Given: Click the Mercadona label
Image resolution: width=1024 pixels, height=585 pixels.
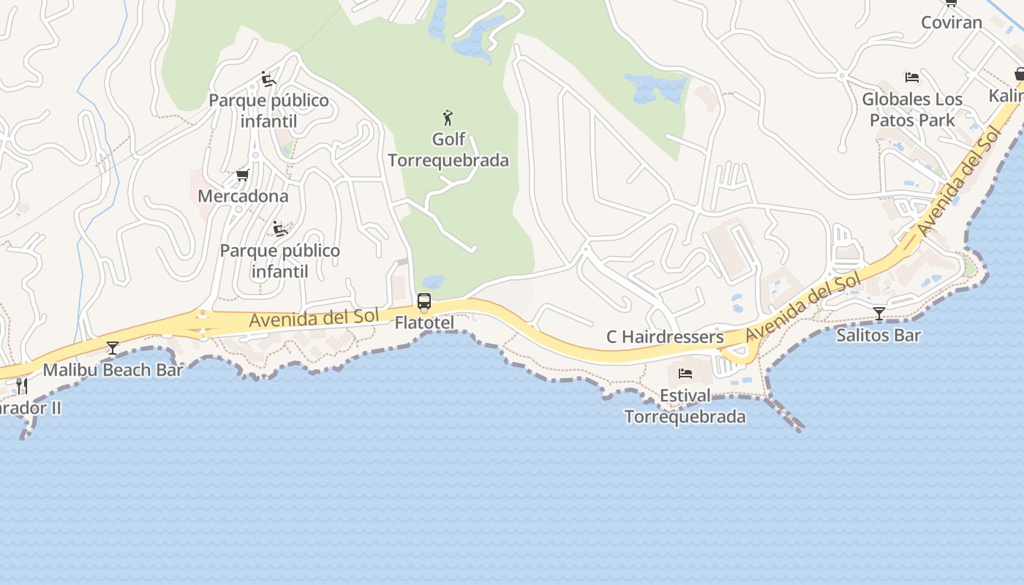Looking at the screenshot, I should point(243,196).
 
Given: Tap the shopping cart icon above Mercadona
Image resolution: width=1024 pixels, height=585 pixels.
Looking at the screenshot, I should point(243,175).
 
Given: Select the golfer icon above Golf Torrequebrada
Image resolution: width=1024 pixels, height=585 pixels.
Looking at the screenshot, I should point(448,117).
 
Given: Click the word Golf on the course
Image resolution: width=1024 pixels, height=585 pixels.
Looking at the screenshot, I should point(448,139).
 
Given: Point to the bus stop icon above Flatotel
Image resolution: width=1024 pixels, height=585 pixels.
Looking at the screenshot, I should point(423,301).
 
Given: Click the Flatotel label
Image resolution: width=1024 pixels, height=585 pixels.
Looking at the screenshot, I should point(424,322).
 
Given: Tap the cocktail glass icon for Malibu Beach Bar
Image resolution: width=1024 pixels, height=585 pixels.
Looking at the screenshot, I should point(112,347).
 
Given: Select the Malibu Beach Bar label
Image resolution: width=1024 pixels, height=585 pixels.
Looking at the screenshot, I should point(113,369).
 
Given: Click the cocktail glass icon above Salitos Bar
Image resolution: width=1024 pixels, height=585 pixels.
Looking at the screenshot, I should point(878,314).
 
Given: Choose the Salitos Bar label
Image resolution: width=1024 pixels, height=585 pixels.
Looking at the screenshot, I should point(878,336).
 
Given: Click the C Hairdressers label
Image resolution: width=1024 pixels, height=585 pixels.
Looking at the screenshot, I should point(665,337).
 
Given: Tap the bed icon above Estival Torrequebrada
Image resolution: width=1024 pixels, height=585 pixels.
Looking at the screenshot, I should point(685,374).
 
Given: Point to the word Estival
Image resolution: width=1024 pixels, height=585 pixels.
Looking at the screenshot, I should point(685,396).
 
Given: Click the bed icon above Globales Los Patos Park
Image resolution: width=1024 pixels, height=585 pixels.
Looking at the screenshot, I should point(911,77).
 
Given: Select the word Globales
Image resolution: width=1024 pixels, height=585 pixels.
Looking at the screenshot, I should point(900,99).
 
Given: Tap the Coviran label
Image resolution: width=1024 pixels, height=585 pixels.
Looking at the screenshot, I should point(951,23).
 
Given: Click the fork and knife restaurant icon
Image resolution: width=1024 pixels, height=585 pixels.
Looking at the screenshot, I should point(22,385).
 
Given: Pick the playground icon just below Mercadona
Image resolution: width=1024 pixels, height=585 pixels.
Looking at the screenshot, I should point(279,229).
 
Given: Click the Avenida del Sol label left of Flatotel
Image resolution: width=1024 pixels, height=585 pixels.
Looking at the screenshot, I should point(314,318).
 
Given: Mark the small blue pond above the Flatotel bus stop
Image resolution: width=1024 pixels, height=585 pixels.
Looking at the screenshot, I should point(433,281).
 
